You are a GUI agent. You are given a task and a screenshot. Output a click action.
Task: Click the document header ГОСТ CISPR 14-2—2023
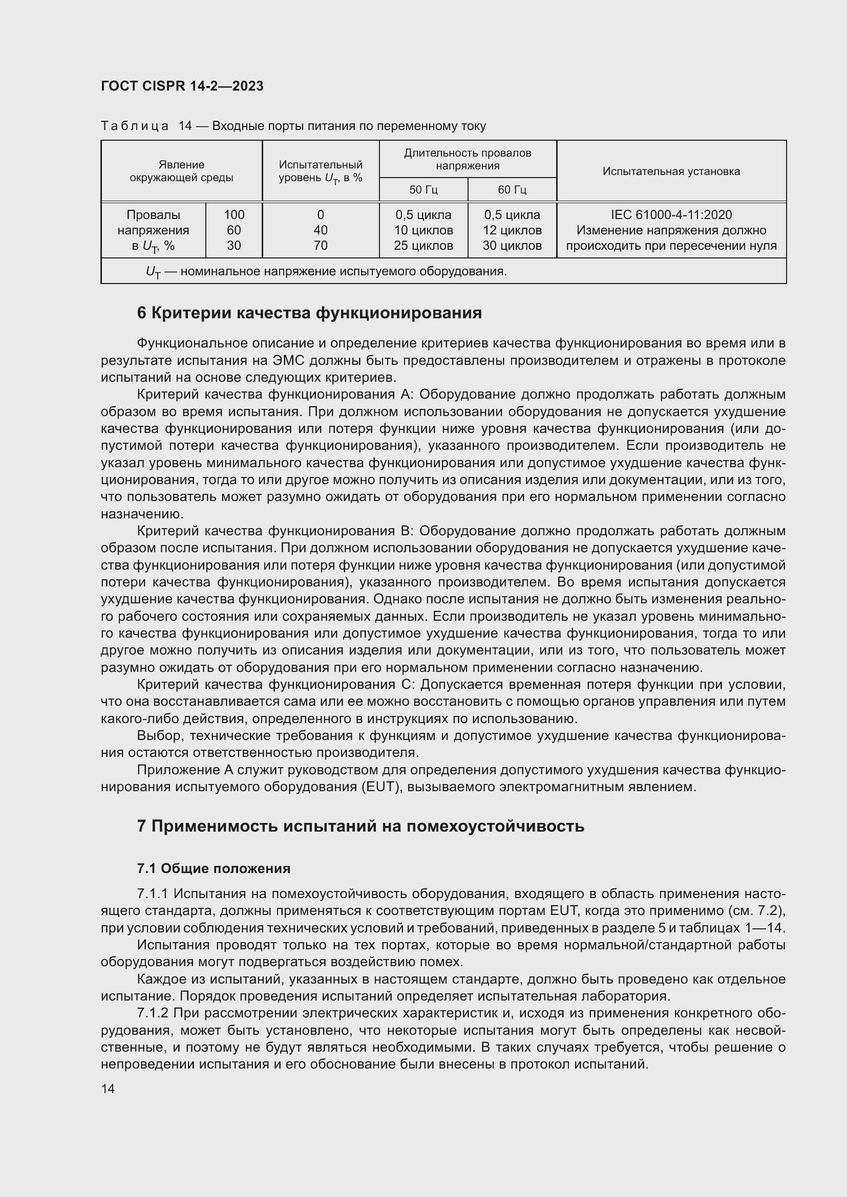pos(182,86)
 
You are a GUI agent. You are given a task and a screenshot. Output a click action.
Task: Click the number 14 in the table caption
pos(185,126)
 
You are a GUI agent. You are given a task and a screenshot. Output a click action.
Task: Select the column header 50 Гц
pos(423,190)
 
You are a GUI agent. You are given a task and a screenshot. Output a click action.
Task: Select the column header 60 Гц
pos(512,190)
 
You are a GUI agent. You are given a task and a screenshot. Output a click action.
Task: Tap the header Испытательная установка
pos(671,171)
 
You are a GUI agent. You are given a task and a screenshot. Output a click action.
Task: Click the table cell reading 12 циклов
pos(512,230)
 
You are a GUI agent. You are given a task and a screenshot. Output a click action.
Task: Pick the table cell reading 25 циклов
pos(423,246)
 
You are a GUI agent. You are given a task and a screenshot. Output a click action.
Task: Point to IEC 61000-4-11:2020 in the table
pos(671,215)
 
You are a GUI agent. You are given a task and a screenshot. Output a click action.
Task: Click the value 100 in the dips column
pos(234,215)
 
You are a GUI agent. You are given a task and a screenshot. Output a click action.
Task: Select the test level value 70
pos(320,246)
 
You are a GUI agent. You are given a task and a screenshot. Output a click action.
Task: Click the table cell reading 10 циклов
pos(423,230)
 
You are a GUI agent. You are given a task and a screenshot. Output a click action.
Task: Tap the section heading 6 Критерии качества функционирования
pos(309,313)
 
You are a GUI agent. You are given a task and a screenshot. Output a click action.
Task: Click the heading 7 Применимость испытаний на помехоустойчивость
pos(360,826)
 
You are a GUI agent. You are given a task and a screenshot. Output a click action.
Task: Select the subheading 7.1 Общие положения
pos(214,868)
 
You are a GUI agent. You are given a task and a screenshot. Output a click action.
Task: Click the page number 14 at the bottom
pos(108,1089)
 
